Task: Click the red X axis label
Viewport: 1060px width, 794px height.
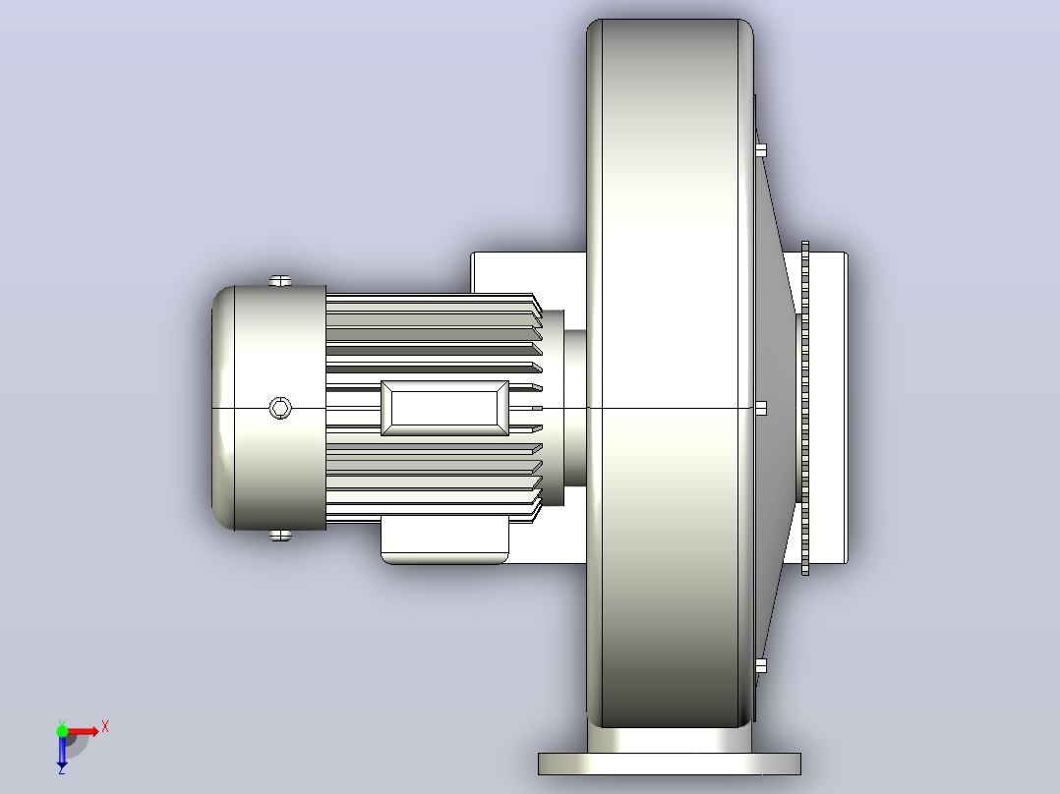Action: [105, 727]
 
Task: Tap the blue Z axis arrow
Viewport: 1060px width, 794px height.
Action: [62, 751]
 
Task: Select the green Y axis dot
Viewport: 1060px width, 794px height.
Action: [62, 731]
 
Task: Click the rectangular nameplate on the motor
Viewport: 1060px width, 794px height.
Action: [444, 408]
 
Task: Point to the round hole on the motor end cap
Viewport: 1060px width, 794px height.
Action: [280, 408]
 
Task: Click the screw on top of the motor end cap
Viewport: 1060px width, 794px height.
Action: [280, 280]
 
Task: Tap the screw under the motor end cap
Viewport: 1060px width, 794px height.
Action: [280, 536]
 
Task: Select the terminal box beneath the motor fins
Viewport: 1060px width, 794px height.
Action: [444, 539]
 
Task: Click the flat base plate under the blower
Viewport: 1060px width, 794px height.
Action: [670, 764]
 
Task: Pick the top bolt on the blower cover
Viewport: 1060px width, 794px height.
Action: [760, 150]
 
